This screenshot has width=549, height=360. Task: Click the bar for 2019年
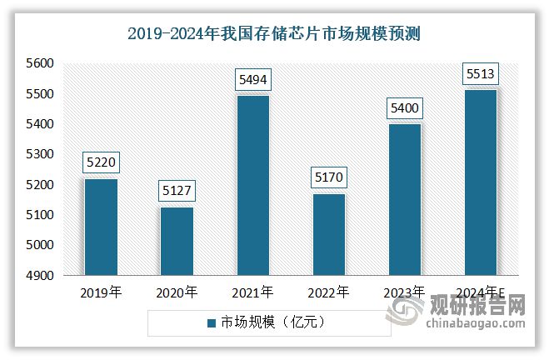(100, 226)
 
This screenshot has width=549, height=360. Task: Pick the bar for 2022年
(328, 233)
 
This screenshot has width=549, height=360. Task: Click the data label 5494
(252, 80)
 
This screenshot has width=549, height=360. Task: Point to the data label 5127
(177, 192)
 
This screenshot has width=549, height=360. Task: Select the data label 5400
(404, 108)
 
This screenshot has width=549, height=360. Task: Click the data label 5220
(100, 163)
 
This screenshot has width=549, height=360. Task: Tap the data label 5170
(328, 178)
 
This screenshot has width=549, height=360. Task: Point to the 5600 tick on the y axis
(39, 63)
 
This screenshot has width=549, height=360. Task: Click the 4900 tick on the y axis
(39, 276)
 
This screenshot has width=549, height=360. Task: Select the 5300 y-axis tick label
(39, 154)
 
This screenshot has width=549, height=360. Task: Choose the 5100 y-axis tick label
(39, 215)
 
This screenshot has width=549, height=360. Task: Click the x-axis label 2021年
(252, 292)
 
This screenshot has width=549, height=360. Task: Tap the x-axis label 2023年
(404, 292)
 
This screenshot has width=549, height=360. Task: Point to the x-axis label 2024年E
(481, 292)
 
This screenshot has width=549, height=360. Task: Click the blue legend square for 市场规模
(211, 321)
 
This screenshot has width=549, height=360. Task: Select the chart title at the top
(274, 34)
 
